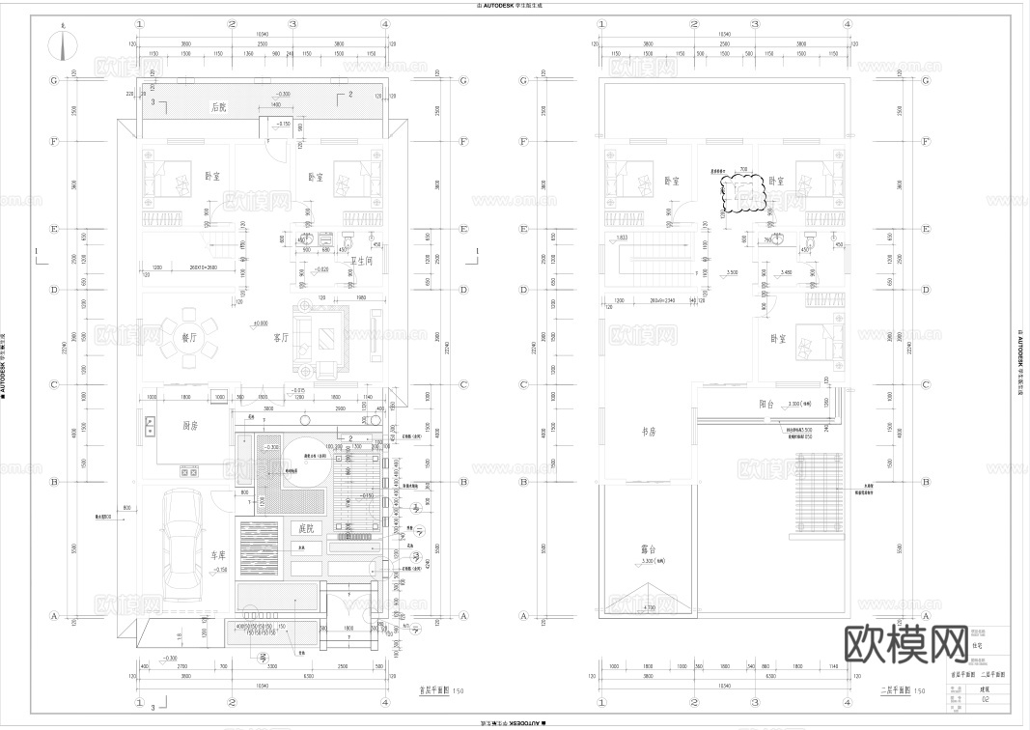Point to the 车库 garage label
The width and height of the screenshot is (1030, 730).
click(x=219, y=556)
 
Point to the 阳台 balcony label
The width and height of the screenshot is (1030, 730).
click(x=768, y=404)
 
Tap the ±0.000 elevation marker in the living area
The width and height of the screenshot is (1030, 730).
click(x=260, y=323)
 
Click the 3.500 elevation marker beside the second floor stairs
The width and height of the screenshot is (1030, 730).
click(x=733, y=273)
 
